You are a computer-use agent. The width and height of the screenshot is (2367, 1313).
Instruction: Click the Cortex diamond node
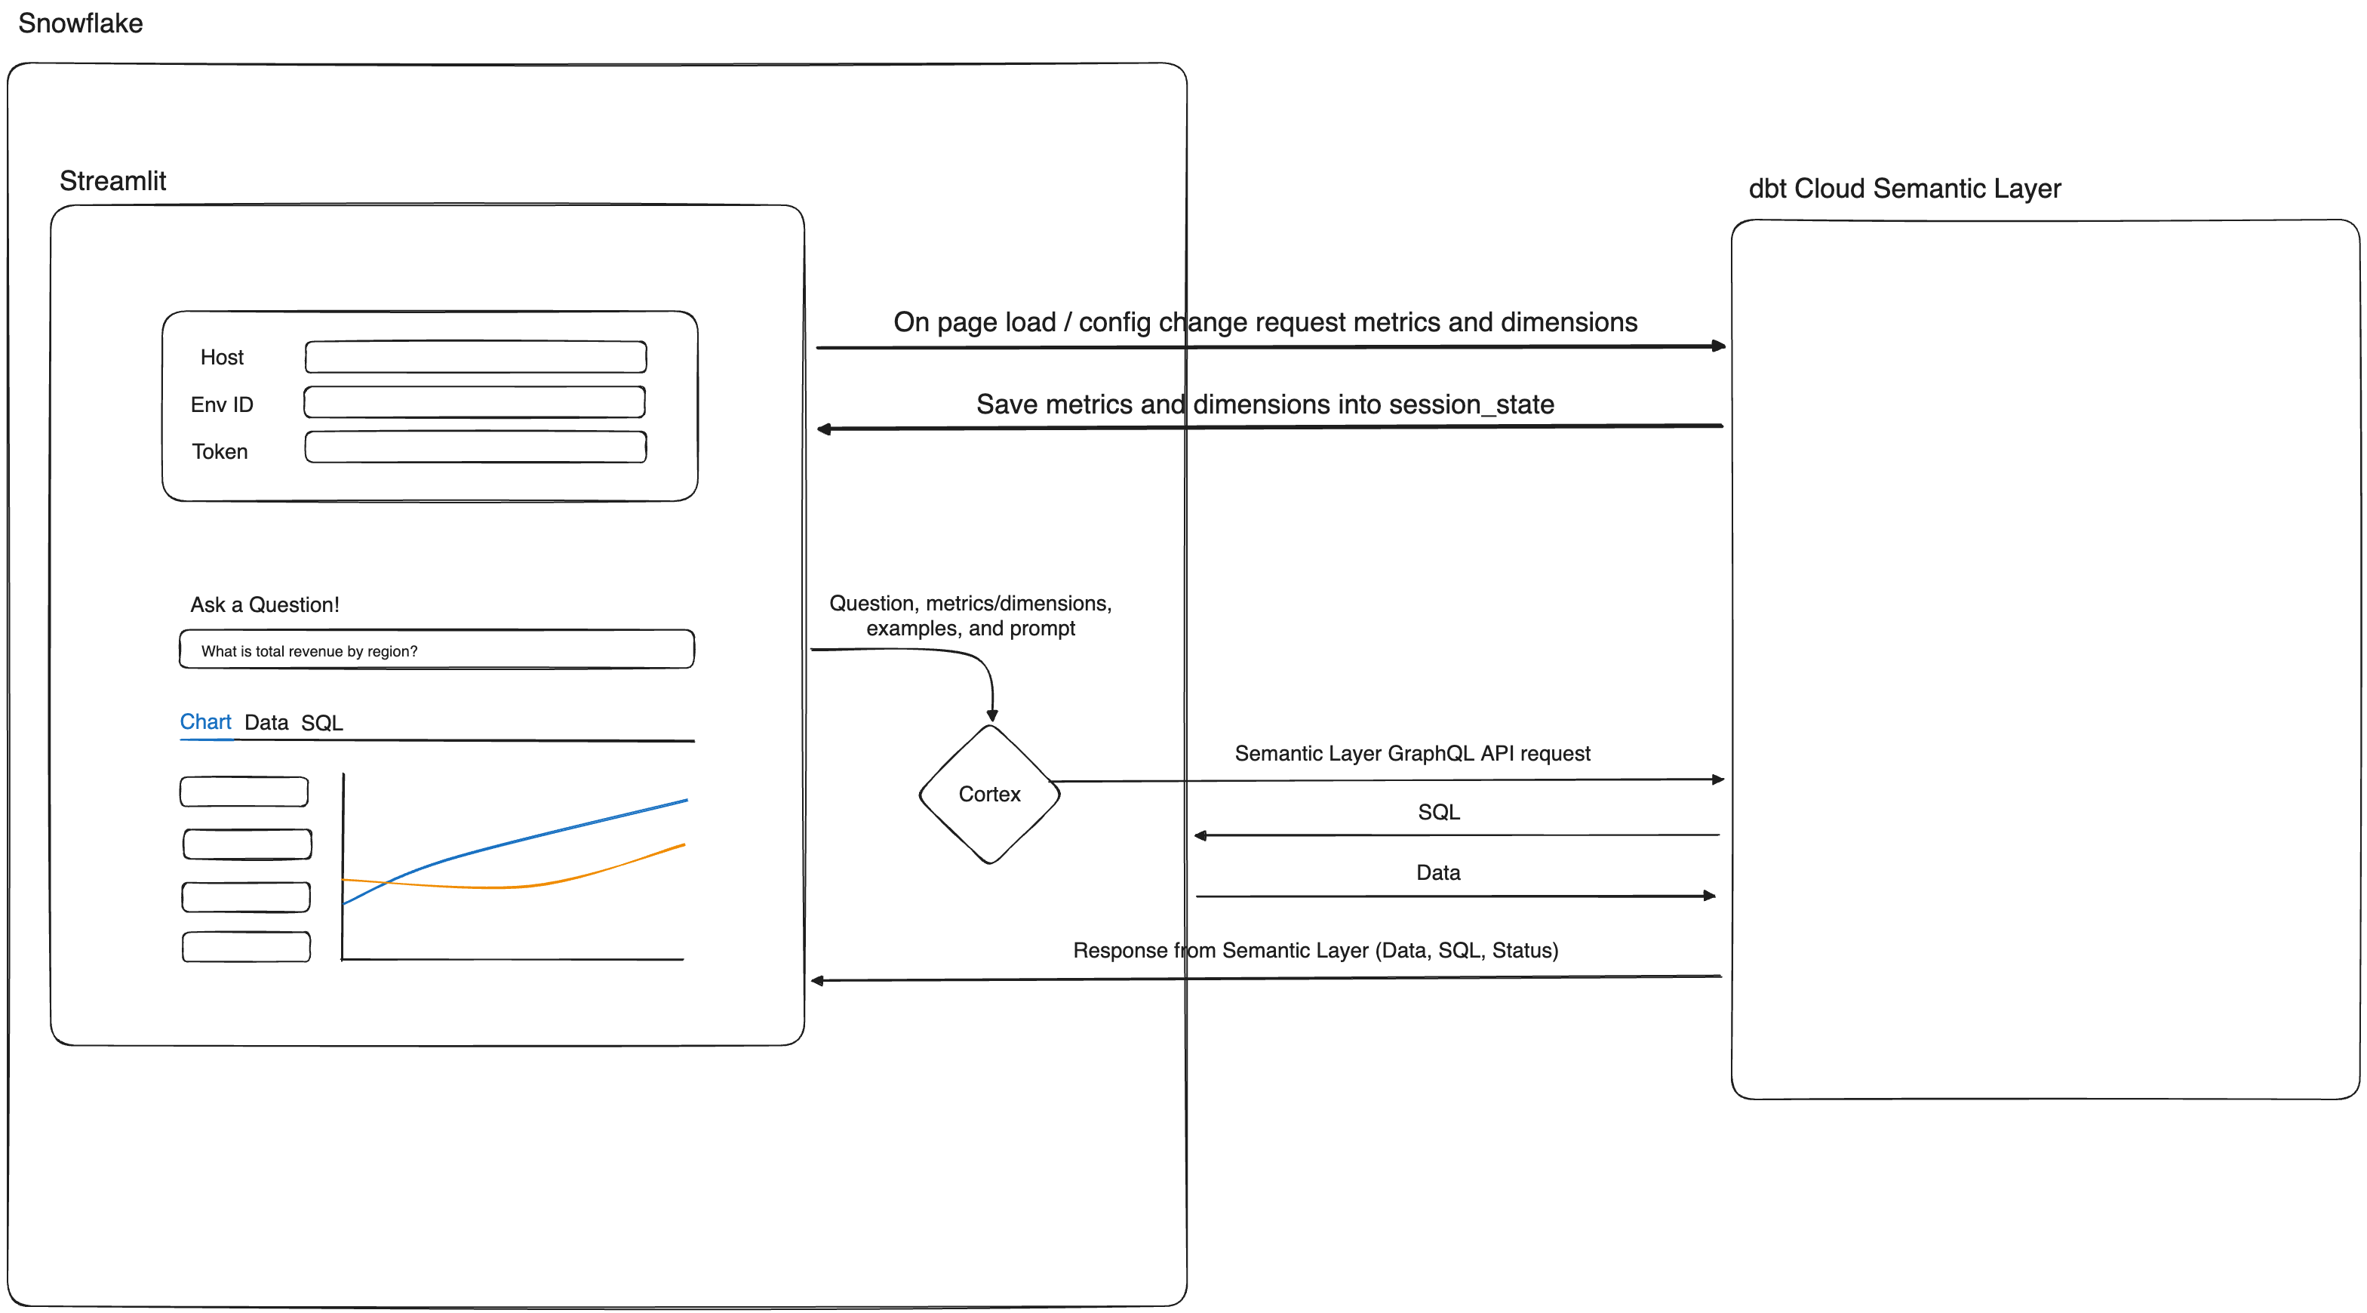coord(990,794)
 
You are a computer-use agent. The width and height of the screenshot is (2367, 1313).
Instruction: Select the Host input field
coord(475,356)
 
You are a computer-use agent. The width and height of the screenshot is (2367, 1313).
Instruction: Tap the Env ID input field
coord(474,402)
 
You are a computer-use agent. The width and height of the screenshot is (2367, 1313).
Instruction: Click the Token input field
coord(475,447)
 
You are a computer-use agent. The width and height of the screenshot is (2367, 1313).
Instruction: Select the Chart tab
coord(205,721)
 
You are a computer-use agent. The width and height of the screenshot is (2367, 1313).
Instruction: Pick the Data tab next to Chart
coord(266,722)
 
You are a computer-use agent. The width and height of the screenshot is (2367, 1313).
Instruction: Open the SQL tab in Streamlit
coord(321,722)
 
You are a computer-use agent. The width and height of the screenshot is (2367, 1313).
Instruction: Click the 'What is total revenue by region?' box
coord(436,650)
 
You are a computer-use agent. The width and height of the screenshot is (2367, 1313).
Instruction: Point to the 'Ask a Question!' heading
coord(265,604)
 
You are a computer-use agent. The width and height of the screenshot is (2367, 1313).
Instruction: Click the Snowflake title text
coord(81,23)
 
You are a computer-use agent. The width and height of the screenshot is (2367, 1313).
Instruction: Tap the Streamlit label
coord(113,181)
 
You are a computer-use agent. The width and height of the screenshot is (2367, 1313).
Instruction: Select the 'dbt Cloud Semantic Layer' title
coord(1904,189)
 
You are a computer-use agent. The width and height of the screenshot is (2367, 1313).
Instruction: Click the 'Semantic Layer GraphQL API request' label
coord(1412,753)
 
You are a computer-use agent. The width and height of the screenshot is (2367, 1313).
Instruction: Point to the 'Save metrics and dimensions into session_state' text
coord(1265,404)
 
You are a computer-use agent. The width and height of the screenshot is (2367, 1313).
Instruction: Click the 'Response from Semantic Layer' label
coord(1315,950)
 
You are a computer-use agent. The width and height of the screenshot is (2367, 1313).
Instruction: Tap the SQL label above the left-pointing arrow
coord(1438,812)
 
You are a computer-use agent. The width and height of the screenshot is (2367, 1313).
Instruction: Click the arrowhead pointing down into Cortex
coord(992,715)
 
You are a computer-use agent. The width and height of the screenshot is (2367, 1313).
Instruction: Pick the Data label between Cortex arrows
coord(1438,873)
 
